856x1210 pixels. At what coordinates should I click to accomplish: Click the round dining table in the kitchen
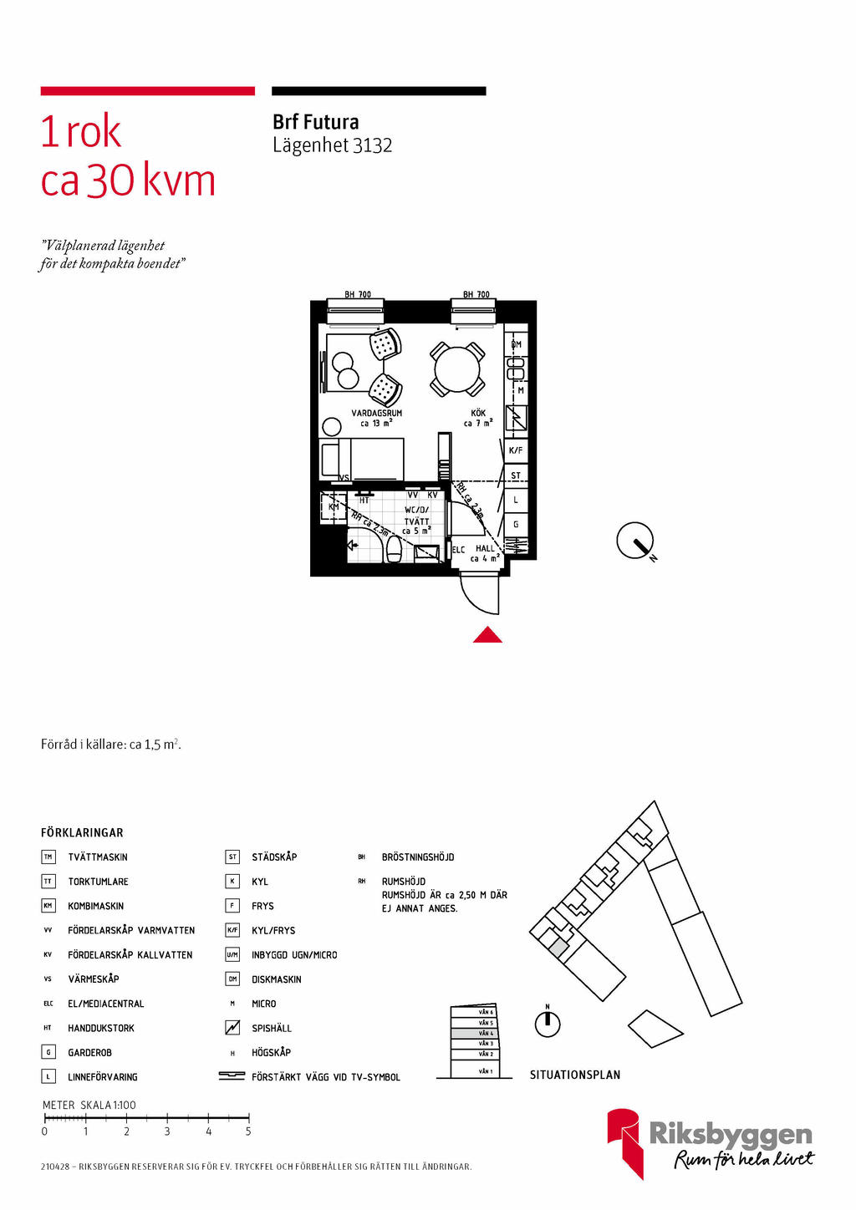coord(457,369)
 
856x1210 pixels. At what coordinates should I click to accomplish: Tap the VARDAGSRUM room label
coord(376,413)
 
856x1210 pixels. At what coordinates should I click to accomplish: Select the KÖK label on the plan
coord(478,413)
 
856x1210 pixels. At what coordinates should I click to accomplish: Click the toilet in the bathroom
coord(394,549)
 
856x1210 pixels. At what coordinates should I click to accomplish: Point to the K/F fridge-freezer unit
coord(516,450)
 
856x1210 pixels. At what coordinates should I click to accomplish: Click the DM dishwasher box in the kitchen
coord(516,344)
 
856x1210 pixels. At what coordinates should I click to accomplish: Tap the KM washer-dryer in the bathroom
coord(334,507)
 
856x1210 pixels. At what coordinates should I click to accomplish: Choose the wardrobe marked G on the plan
coord(516,525)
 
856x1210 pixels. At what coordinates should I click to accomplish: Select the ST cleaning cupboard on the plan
coord(516,475)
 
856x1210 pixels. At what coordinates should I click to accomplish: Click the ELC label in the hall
coord(458,550)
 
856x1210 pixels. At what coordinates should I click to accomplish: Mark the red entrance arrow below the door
coord(487,636)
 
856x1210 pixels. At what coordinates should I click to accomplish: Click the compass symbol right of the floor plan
coord(635,541)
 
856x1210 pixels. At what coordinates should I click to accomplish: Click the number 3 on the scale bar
coord(167,1131)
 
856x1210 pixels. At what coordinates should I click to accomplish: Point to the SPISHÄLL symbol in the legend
coord(232,1028)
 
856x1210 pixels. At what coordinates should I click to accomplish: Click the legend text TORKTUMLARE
coord(98,882)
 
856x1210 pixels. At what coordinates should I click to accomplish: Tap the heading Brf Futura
coord(315,122)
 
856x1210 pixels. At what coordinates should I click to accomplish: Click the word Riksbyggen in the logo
coord(730,1134)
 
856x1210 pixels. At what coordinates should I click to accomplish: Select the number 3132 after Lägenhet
coord(372,145)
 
